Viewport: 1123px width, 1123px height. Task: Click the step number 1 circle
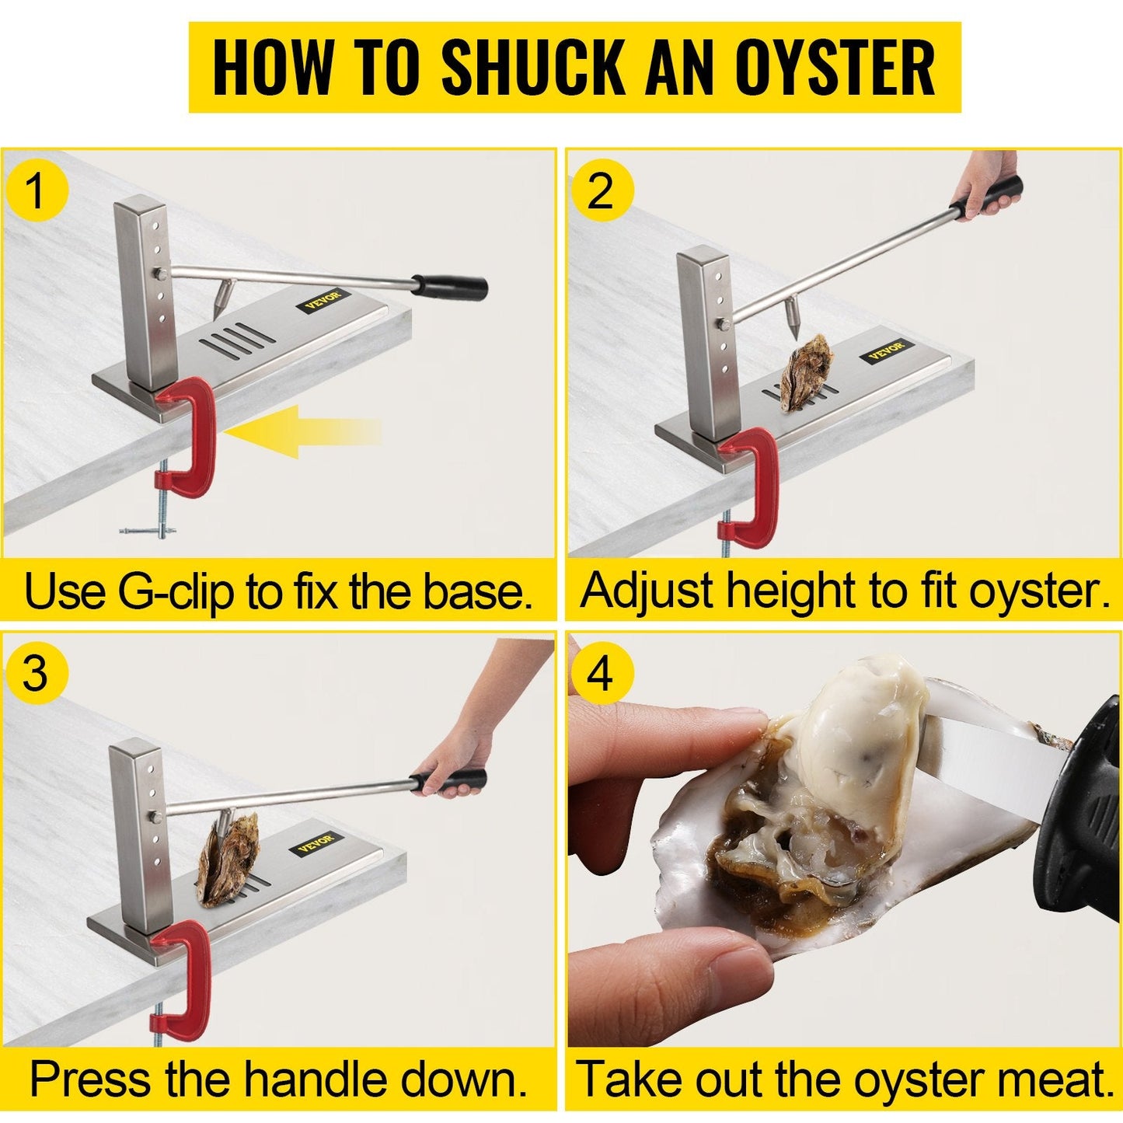[x=37, y=191]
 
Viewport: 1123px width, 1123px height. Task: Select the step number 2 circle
[x=601, y=191]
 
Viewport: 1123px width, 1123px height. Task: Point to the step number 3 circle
[x=37, y=673]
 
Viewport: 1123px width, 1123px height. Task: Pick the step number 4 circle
[x=601, y=673]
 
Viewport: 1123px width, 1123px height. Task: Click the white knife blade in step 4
[x=987, y=758]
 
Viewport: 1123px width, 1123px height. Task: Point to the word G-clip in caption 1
[x=176, y=593]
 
